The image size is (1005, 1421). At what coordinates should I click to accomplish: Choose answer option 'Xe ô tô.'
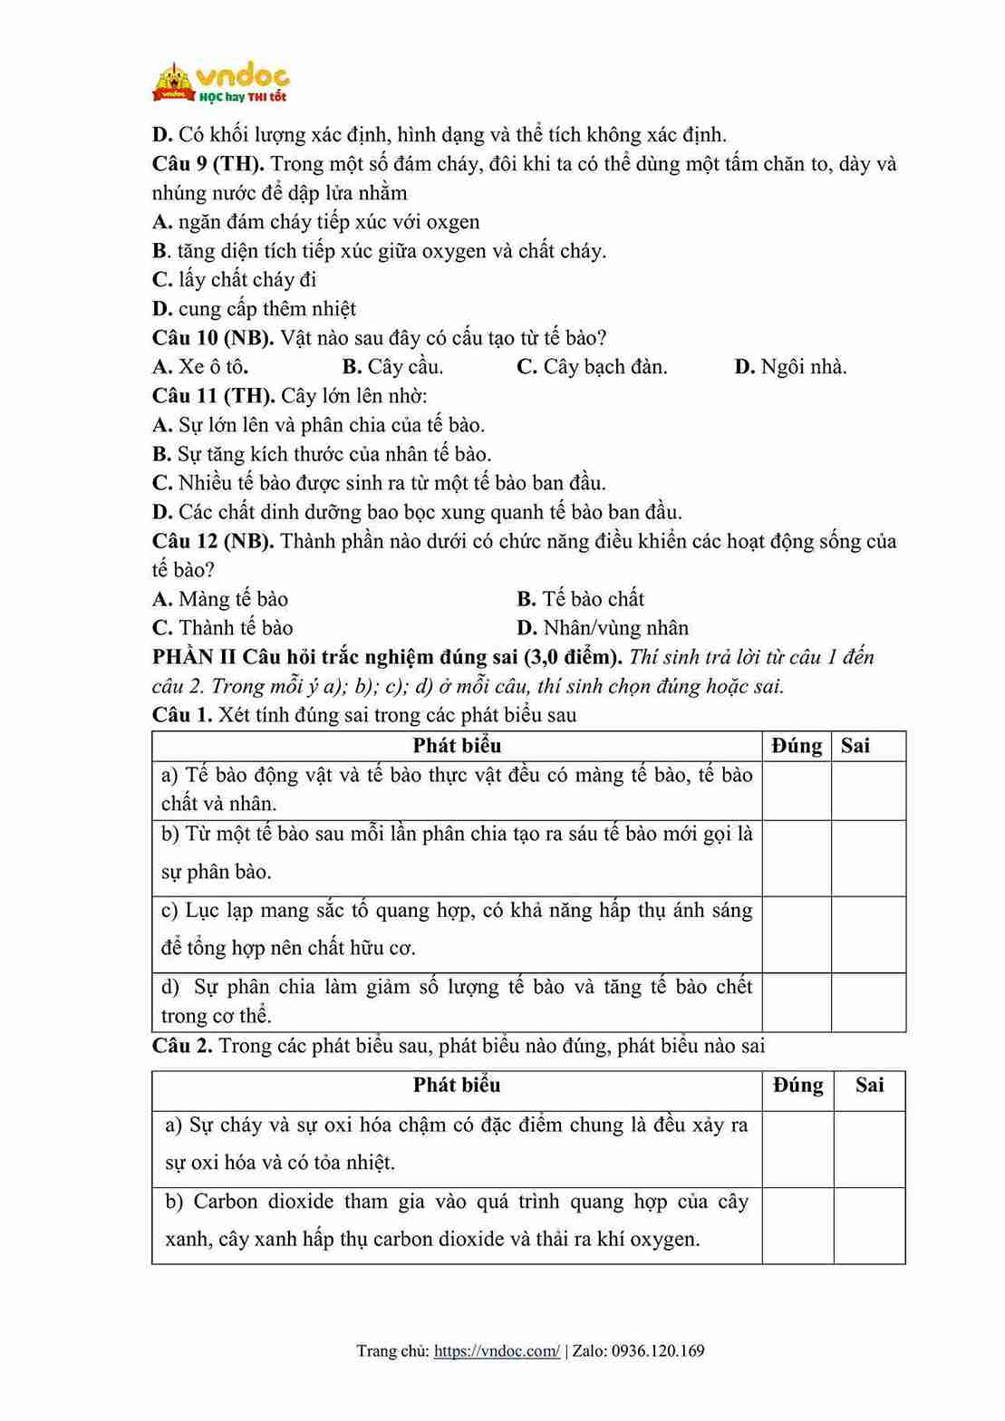click(x=200, y=367)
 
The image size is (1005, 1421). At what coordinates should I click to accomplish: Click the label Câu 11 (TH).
click(x=213, y=396)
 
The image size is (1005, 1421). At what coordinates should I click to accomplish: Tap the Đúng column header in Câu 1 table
click(x=797, y=746)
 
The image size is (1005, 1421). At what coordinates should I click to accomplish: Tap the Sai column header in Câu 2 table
click(x=869, y=1086)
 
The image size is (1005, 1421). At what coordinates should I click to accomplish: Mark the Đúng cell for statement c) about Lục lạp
click(x=797, y=934)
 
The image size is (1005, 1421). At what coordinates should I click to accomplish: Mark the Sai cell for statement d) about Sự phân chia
click(x=868, y=1002)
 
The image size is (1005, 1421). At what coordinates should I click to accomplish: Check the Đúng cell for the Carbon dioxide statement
click(x=797, y=1225)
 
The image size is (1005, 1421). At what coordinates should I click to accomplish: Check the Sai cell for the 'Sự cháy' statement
click(x=869, y=1149)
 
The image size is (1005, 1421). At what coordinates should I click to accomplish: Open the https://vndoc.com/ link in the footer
click(x=497, y=1351)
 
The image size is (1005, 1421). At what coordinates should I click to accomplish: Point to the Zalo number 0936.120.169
click(x=658, y=1351)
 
